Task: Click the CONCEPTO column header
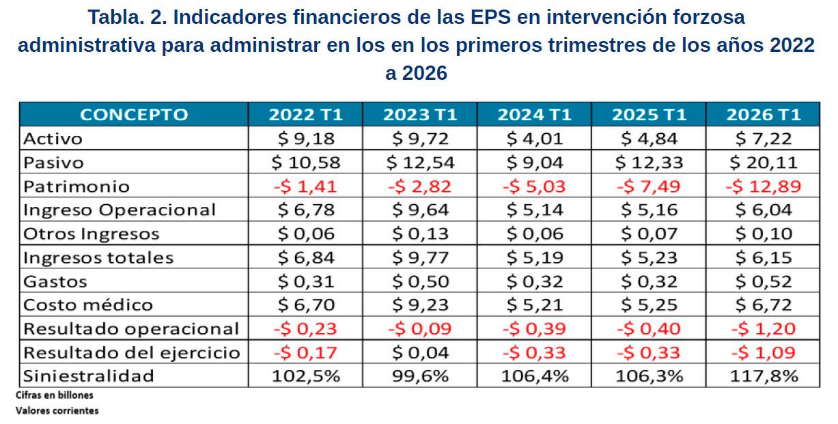click(x=134, y=115)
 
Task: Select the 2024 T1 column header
click(x=534, y=115)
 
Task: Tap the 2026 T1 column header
click(x=763, y=115)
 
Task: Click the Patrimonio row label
click(x=76, y=186)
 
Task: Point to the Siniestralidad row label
click(x=88, y=376)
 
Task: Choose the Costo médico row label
click(x=88, y=305)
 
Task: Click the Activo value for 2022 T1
click(x=306, y=139)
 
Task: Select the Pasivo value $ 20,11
click(x=763, y=162)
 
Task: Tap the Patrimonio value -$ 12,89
click(x=763, y=186)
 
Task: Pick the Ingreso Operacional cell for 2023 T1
click(x=420, y=210)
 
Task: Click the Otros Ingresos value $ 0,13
click(x=420, y=234)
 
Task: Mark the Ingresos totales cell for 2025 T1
click(x=649, y=257)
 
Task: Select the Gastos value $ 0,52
click(x=763, y=281)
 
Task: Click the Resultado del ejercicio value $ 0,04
click(x=420, y=352)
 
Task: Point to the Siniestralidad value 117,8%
click(x=764, y=376)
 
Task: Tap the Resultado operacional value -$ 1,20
click(x=763, y=328)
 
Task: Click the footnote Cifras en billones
click(x=54, y=395)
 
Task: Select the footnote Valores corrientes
click(x=57, y=410)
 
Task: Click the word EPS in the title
click(x=490, y=17)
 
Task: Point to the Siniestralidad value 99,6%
click(x=420, y=376)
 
